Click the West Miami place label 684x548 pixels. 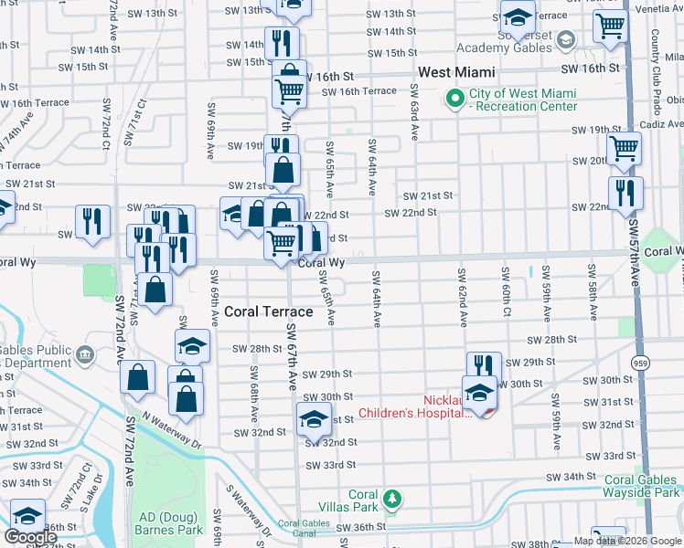[456, 72]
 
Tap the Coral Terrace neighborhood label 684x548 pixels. [269, 311]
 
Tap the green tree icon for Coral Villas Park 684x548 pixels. [392, 498]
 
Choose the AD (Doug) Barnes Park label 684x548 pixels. [169, 522]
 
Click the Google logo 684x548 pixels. [31, 537]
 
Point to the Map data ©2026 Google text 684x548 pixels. [628, 541]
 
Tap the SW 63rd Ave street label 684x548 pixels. [414, 112]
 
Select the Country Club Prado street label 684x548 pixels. [656, 59]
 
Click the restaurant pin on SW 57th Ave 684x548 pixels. [625, 195]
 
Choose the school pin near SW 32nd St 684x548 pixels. [313, 421]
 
